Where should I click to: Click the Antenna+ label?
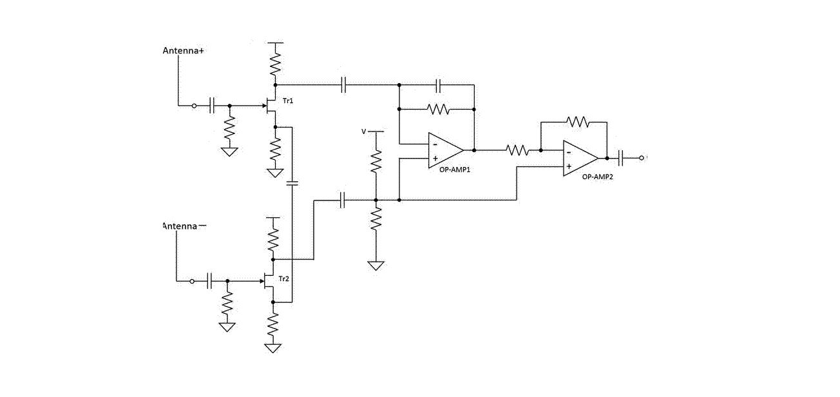coord(183,50)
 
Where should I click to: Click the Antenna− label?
coord(184,226)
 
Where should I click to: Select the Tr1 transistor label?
coord(288,101)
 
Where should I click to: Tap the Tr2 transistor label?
coord(284,279)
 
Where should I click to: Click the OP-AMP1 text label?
coord(455,169)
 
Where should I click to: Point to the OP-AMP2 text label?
coord(597,177)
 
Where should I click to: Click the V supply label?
coord(363,131)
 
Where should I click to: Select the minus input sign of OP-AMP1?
coord(435,145)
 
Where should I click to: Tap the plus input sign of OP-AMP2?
coord(569,166)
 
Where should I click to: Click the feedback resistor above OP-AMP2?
coord(577,122)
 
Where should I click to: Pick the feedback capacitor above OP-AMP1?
coord(439,85)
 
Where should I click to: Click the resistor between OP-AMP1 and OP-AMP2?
coord(517,150)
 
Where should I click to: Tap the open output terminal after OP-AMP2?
coord(642,158)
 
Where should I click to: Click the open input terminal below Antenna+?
coord(194,106)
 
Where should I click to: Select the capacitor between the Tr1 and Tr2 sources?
coord(292,184)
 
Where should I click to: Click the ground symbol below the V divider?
coord(376,266)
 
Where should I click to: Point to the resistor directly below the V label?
coord(376,161)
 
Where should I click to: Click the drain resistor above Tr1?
coord(275,64)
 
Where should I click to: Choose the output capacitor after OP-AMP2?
coord(620,158)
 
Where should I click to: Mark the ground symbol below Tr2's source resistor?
coord(272,348)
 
